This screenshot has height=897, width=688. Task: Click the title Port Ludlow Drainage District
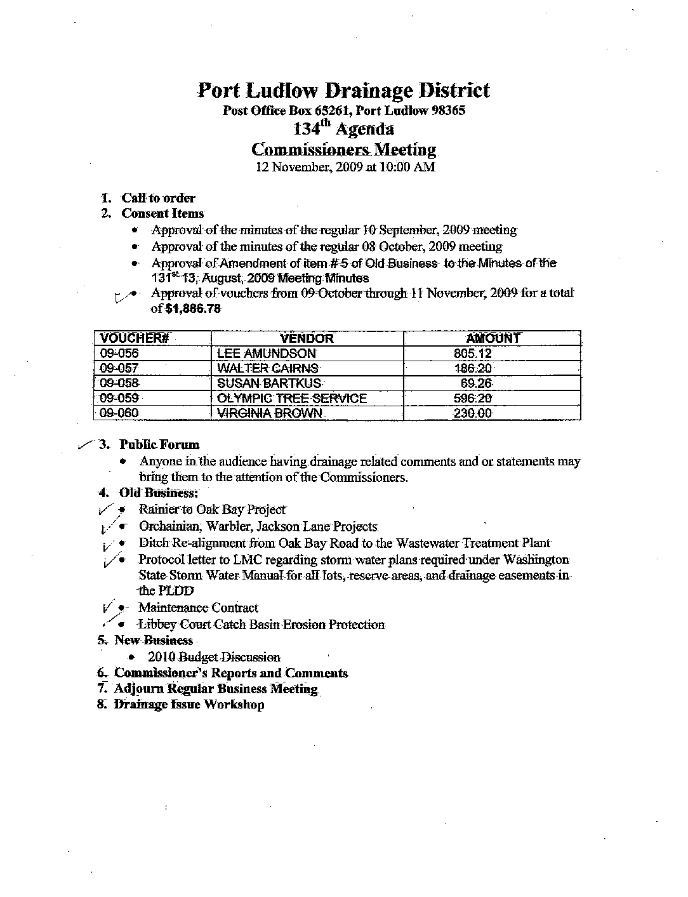point(343,90)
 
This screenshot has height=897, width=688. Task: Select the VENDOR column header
point(307,338)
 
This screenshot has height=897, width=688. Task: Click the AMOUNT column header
point(493,338)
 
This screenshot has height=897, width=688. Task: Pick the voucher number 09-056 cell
point(119,354)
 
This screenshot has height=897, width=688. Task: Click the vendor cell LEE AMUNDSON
point(267,354)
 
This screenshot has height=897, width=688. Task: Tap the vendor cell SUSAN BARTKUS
point(270,383)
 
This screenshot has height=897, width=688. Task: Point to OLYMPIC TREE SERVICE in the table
point(292,399)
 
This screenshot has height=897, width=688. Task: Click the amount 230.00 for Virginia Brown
point(472,413)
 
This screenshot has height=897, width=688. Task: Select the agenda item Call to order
point(158,198)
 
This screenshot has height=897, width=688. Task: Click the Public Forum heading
point(159,445)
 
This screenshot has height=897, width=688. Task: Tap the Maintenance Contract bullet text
point(198,608)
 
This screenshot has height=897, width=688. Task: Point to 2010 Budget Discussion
point(213,657)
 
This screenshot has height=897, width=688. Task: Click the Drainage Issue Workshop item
point(189,705)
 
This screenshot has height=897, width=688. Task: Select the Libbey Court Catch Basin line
point(261,625)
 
